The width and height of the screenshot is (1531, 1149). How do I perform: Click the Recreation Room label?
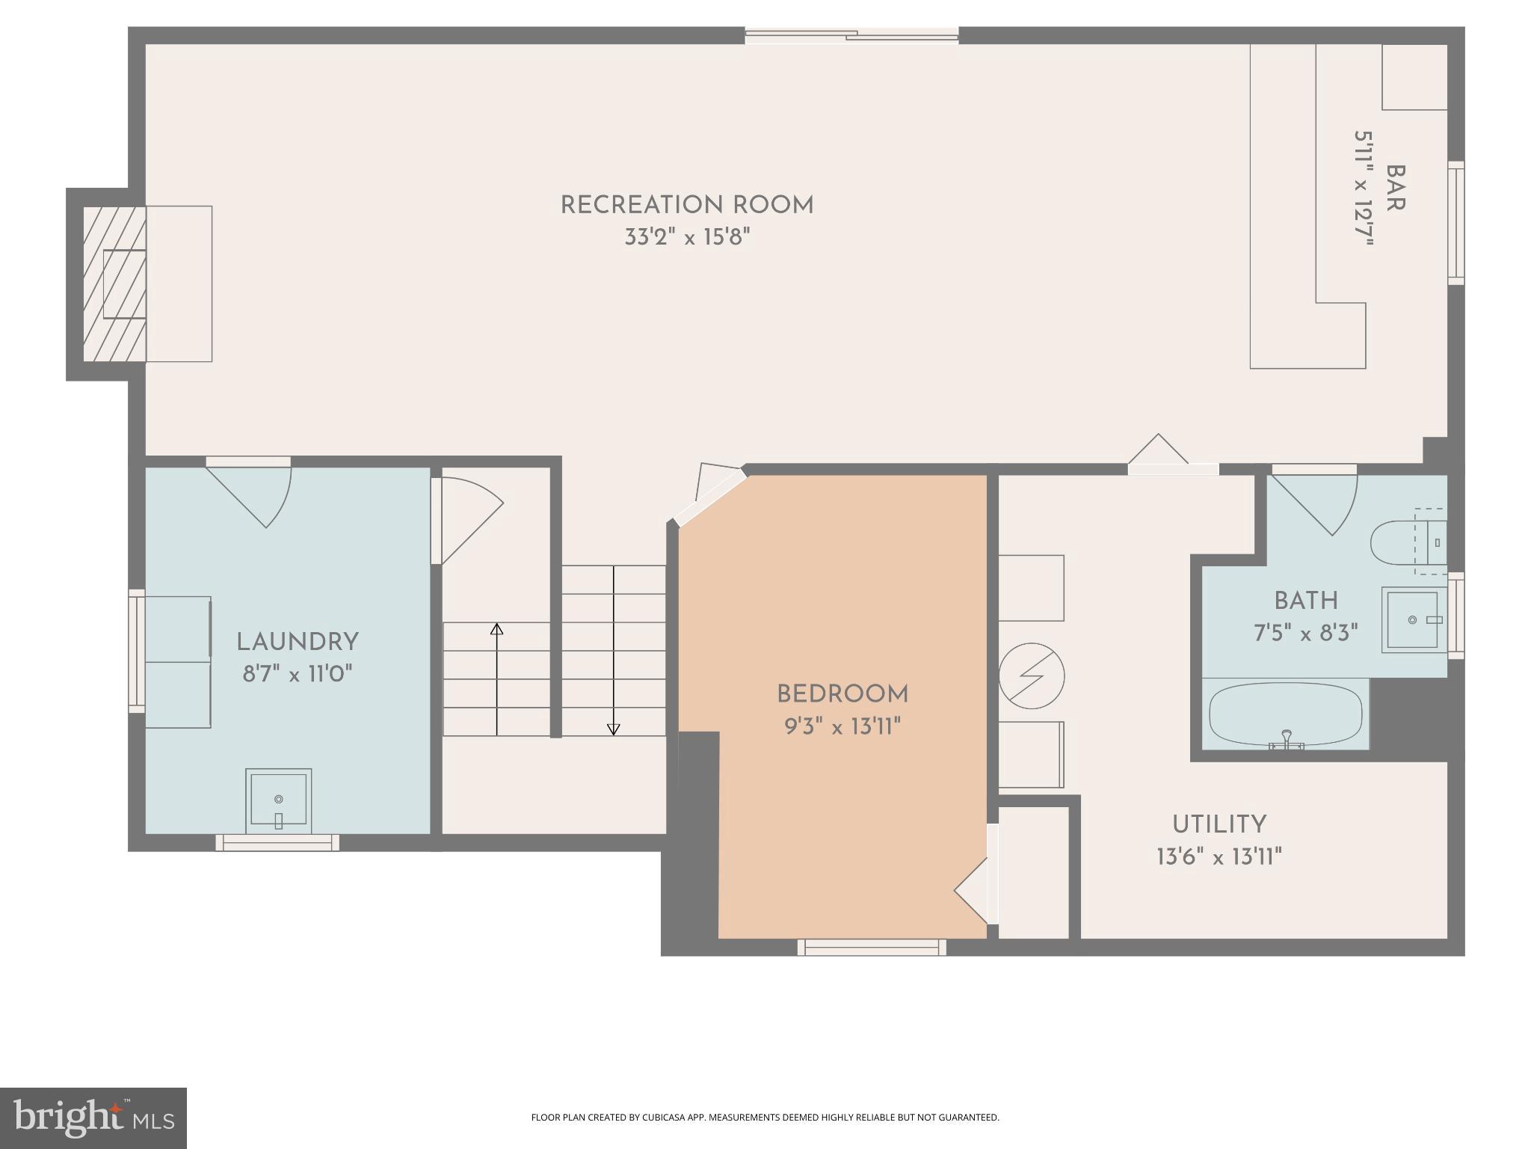(686, 205)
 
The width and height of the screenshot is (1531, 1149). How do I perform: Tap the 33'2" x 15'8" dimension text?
(686, 238)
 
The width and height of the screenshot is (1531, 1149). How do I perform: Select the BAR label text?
(1394, 189)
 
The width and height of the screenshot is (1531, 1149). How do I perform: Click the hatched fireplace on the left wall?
(114, 284)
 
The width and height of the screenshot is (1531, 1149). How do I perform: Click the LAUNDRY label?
(298, 642)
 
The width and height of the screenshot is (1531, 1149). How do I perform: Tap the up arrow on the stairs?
(496, 630)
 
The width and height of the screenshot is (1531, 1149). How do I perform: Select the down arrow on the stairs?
(613, 729)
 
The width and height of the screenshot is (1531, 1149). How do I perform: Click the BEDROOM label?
(842, 694)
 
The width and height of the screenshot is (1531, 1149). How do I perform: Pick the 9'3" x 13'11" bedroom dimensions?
(842, 726)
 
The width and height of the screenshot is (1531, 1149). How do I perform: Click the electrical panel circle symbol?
(1031, 676)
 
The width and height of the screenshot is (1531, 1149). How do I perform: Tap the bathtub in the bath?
(1285, 714)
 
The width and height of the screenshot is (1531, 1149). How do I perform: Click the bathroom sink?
(1411, 620)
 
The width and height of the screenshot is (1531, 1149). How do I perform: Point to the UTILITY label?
(1219, 824)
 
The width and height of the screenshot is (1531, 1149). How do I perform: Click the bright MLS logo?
(93, 1118)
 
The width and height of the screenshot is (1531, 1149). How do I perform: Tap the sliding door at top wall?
(851, 35)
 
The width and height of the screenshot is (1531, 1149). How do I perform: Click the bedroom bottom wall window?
(872, 948)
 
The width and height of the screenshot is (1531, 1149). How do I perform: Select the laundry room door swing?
(254, 494)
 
